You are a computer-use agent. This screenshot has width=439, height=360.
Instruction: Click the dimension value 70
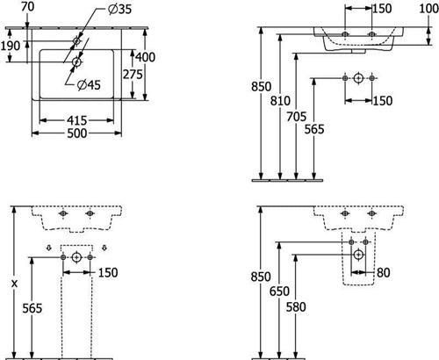[28, 7]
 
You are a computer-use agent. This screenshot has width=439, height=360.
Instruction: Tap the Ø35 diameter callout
[119, 10]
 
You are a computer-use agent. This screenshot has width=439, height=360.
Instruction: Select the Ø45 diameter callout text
[89, 85]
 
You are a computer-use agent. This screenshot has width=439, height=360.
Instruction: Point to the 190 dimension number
[11, 46]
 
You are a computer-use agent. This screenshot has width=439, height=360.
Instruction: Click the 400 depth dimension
[145, 57]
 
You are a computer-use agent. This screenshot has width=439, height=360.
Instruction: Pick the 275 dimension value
[133, 75]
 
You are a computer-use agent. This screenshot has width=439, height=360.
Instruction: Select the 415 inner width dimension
[77, 120]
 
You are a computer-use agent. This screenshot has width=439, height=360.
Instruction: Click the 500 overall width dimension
[77, 133]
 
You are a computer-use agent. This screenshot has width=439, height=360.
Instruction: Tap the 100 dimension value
[429, 9]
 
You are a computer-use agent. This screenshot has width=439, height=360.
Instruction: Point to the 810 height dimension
[280, 101]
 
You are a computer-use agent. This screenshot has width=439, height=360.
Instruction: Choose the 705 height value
[296, 117]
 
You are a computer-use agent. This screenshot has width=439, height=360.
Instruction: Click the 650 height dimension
[279, 292]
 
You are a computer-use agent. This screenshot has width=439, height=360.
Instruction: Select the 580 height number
[296, 307]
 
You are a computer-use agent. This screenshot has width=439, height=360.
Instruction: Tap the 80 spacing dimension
[384, 273]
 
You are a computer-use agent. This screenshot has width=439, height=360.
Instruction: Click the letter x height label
[14, 284]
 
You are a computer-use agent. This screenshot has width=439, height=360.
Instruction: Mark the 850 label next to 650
[261, 277]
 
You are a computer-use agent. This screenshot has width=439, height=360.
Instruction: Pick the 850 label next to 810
[262, 87]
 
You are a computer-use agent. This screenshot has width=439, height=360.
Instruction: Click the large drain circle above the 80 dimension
[358, 255]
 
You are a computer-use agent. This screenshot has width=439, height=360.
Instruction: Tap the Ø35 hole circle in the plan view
[76, 41]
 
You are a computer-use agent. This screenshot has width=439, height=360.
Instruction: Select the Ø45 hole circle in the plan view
[76, 61]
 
